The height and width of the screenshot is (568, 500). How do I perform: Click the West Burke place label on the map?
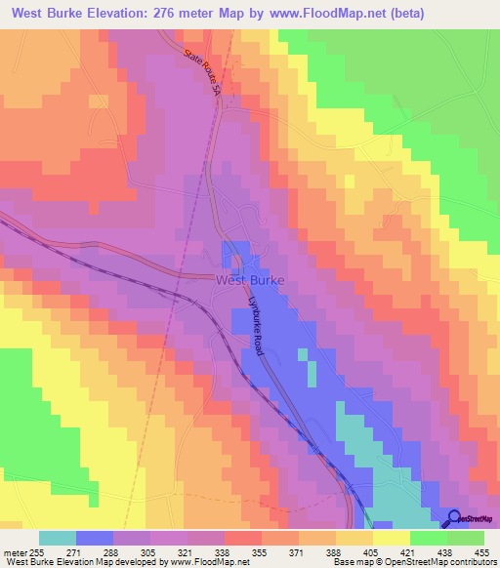[249, 279]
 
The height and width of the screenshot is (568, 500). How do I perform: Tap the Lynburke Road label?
[259, 326]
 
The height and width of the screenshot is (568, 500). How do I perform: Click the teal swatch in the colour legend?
[57, 538]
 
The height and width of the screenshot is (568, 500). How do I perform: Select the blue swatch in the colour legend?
[95, 538]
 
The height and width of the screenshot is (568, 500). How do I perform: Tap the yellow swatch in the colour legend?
[391, 538]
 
